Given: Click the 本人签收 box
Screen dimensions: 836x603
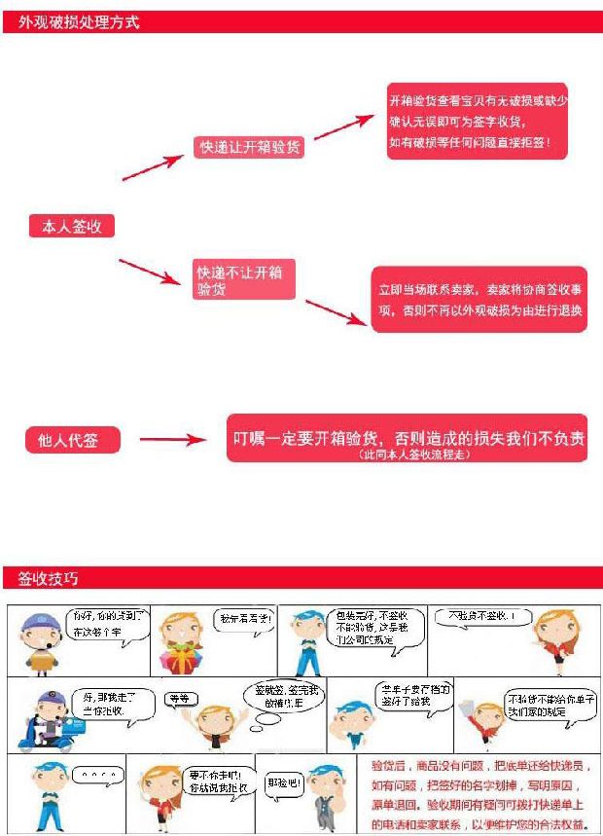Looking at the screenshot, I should (72, 227).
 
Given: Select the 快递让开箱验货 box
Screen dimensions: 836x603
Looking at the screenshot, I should (249, 147).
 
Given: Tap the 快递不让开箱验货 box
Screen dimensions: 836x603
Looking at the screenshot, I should (243, 279).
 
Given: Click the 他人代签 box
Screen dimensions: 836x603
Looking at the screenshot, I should (74, 440).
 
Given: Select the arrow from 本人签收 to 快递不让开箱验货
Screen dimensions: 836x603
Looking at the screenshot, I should (150, 272).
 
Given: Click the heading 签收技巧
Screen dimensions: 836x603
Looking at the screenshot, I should (48, 579).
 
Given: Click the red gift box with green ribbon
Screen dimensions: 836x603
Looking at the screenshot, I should (181, 658).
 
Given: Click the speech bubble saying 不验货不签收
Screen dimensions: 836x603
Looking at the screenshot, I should (478, 617).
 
